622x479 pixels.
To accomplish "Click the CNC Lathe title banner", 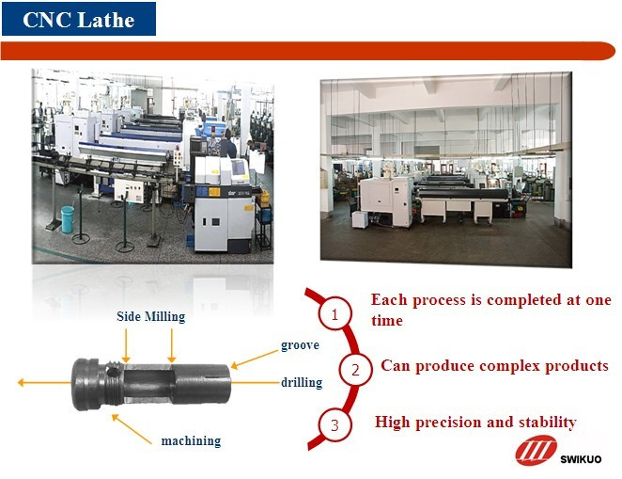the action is [x=79, y=19].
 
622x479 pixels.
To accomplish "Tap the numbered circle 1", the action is [x=334, y=313].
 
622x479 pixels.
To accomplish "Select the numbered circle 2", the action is [x=355, y=370].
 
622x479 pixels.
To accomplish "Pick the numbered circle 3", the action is [x=334, y=425].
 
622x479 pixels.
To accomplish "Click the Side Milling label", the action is [x=150, y=316].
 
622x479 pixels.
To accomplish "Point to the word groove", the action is [x=300, y=344].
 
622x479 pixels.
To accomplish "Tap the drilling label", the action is [x=302, y=382].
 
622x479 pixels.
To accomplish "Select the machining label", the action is [x=191, y=440].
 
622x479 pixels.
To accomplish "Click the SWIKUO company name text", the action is [x=581, y=459].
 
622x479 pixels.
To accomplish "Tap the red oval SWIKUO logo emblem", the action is [x=536, y=450].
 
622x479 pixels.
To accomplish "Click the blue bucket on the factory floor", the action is [x=68, y=219].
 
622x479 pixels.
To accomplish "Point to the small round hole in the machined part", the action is [x=113, y=373].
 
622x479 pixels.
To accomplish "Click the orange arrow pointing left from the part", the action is [x=44, y=382].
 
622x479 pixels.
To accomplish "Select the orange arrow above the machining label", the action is [x=132, y=429].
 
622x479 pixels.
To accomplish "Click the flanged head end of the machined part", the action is [x=86, y=384].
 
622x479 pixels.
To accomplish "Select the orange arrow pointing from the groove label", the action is [x=255, y=359].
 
